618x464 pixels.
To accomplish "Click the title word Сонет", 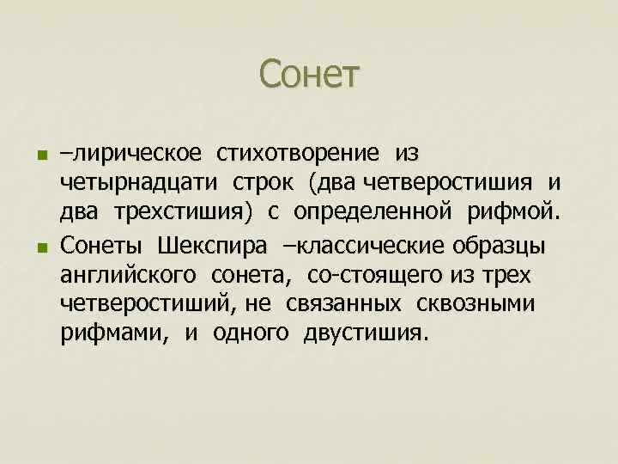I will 310,74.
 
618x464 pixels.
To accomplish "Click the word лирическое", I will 136,153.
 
